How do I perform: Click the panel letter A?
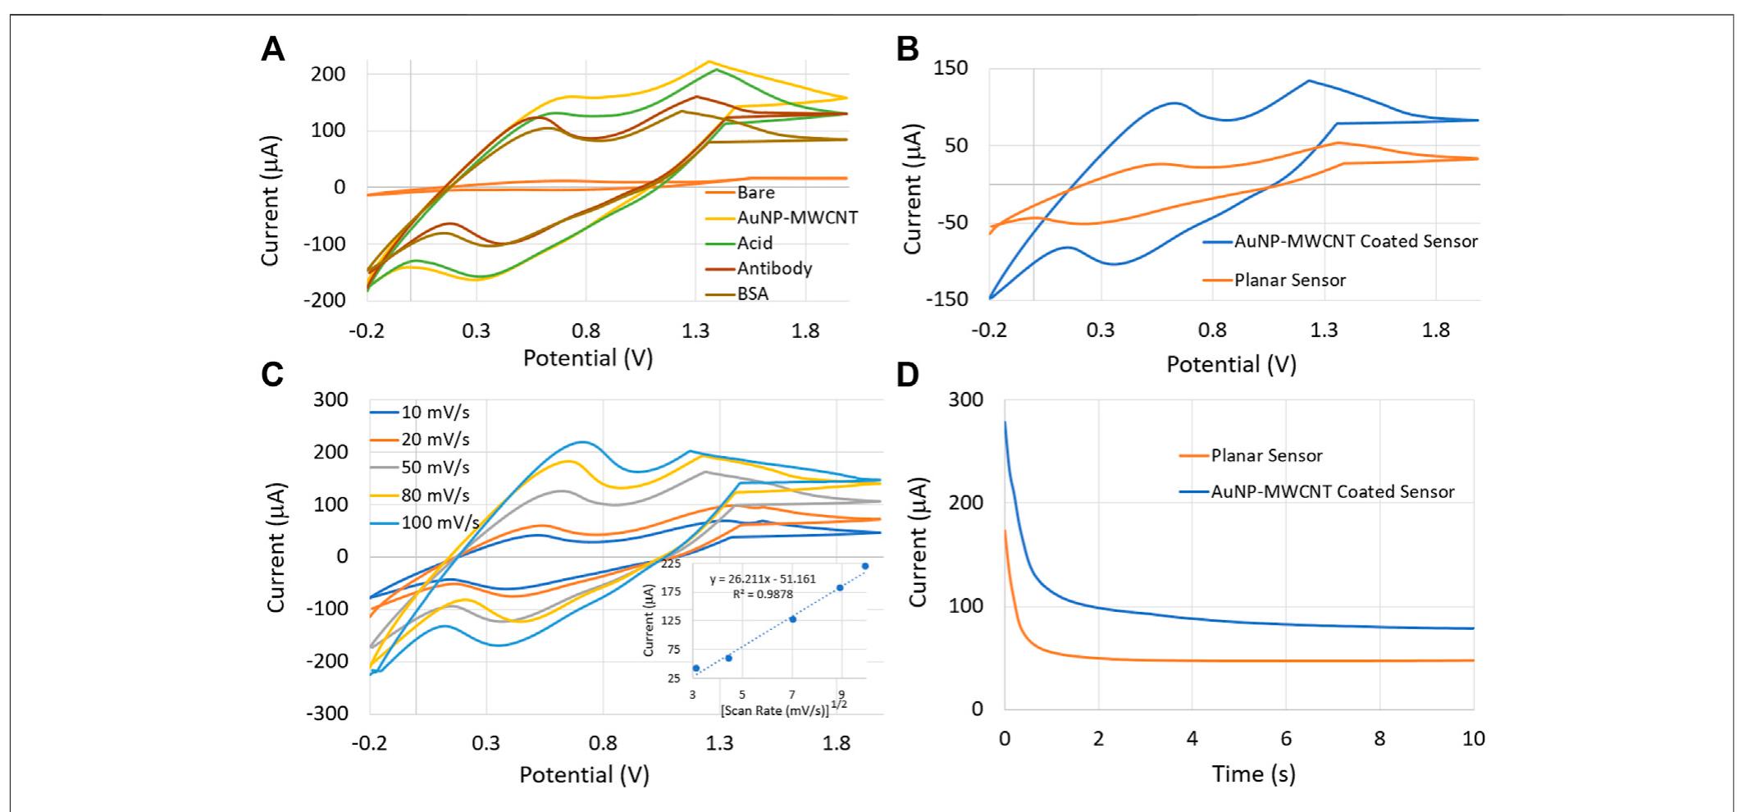(273, 50)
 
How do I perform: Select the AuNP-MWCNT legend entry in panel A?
(796, 217)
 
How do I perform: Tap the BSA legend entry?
(753, 293)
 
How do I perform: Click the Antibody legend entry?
(774, 268)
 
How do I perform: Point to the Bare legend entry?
(755, 193)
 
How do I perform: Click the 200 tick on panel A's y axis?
(328, 74)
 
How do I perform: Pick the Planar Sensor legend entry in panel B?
(1289, 280)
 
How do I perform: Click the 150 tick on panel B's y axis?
(951, 68)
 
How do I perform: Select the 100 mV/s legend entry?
(440, 522)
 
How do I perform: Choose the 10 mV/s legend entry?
(435, 413)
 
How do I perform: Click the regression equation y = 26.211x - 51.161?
(762, 579)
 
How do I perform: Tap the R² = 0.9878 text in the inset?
(764, 594)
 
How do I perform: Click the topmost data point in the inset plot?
(864, 566)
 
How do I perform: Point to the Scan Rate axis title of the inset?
(775, 710)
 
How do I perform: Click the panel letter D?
(908, 374)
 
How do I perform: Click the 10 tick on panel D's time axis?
(1473, 739)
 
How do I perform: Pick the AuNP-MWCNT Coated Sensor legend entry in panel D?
(1332, 492)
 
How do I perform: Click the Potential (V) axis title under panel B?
(1231, 363)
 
